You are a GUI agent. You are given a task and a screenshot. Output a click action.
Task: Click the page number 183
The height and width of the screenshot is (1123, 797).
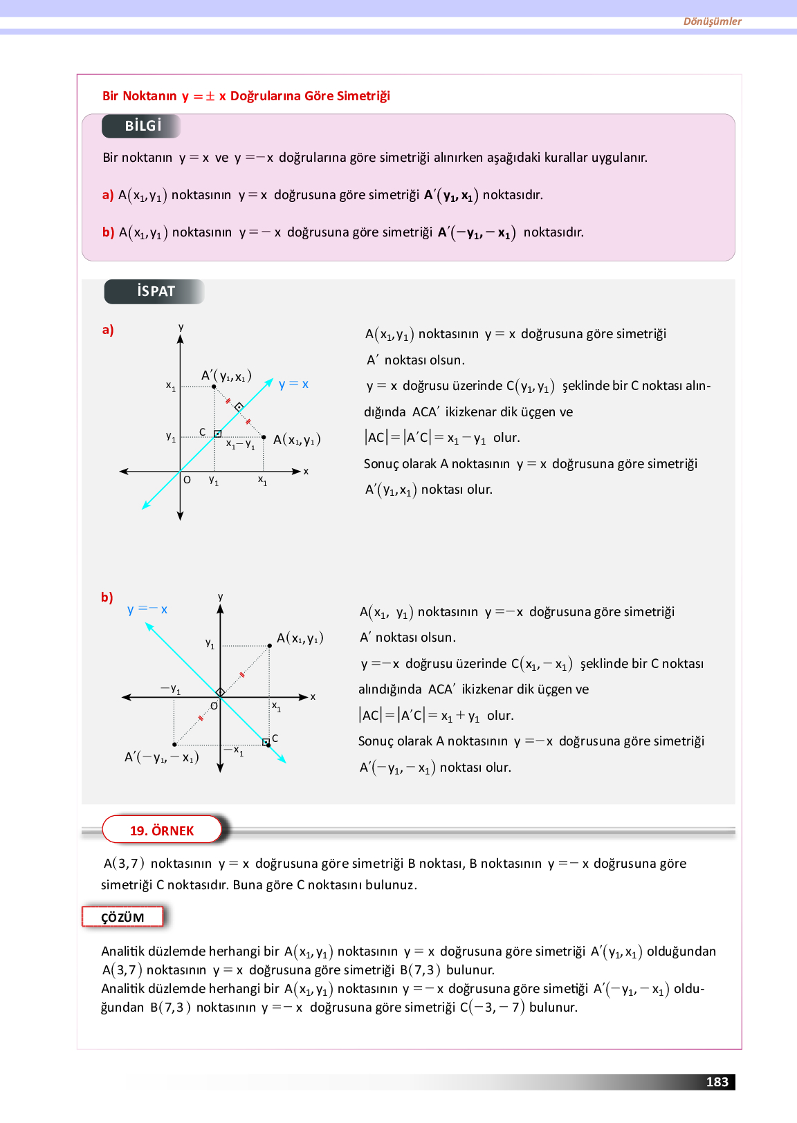click(x=717, y=1082)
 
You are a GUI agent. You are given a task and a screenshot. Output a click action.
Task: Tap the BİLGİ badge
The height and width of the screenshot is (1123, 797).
click(x=143, y=126)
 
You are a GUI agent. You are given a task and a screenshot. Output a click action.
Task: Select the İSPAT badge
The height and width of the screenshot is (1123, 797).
click(x=155, y=291)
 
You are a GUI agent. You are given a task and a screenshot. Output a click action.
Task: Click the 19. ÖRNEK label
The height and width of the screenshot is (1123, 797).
click(x=162, y=830)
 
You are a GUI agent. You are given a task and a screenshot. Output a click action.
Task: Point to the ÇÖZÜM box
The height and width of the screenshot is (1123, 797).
click(x=123, y=918)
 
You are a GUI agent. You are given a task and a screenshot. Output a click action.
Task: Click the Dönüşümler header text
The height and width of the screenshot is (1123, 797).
click(x=712, y=21)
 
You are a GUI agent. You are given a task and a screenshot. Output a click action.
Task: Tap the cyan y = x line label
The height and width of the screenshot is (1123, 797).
click(x=294, y=384)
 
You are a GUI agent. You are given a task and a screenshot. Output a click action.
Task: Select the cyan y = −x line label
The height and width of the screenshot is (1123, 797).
click(x=147, y=609)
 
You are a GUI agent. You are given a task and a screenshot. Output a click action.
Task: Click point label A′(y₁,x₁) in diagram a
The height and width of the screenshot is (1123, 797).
click(x=226, y=376)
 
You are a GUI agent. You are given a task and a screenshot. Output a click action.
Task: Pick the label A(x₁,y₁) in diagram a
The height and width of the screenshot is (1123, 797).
click(x=297, y=440)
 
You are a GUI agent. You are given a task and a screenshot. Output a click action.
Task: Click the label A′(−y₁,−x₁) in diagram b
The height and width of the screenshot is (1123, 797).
click(x=161, y=757)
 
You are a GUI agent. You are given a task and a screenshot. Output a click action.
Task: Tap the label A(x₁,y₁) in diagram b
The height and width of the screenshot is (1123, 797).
click(x=300, y=638)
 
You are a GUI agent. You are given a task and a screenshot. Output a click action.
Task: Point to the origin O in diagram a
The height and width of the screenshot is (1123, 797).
click(x=187, y=479)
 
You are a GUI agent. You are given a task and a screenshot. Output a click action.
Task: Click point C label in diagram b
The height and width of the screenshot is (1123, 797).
click(x=275, y=739)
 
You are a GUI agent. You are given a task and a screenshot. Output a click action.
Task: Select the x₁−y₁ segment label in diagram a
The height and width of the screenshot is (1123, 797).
click(x=240, y=445)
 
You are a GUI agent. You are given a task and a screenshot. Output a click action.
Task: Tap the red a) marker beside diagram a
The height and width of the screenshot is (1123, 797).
click(x=108, y=330)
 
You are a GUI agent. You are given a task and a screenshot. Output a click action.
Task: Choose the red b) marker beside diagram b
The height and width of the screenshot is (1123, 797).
click(x=107, y=597)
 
